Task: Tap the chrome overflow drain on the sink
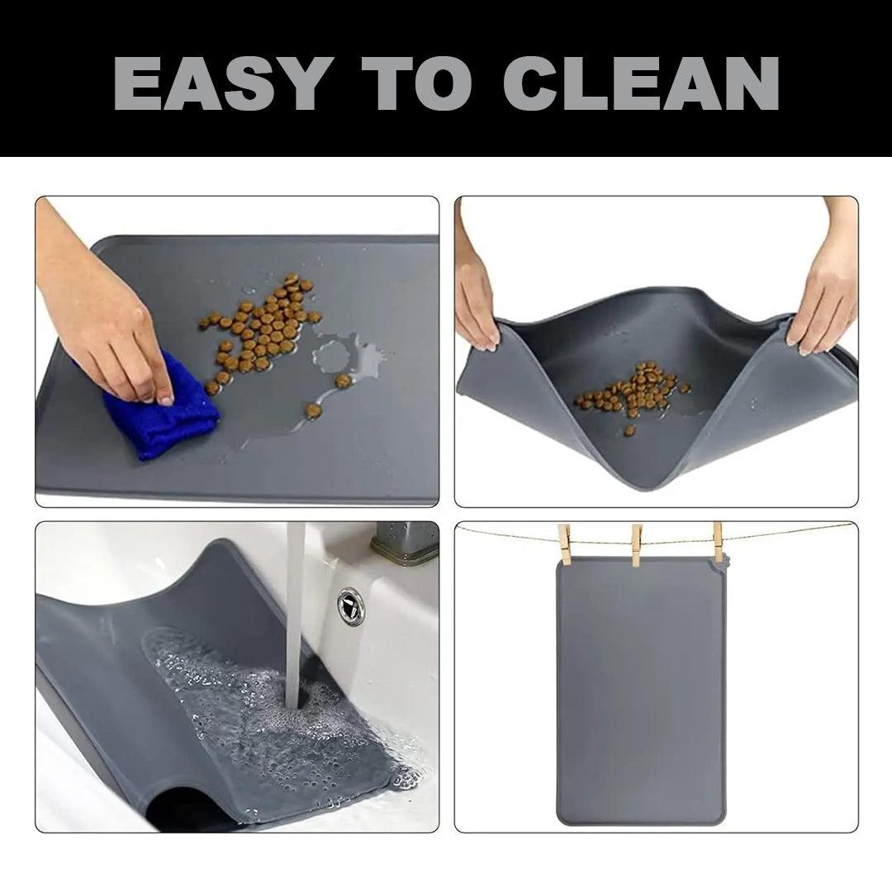[x=351, y=605]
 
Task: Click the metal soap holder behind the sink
[x=405, y=543]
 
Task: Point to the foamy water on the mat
[x=264, y=702]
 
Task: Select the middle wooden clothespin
[x=637, y=544]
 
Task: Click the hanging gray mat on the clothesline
[x=640, y=694]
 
